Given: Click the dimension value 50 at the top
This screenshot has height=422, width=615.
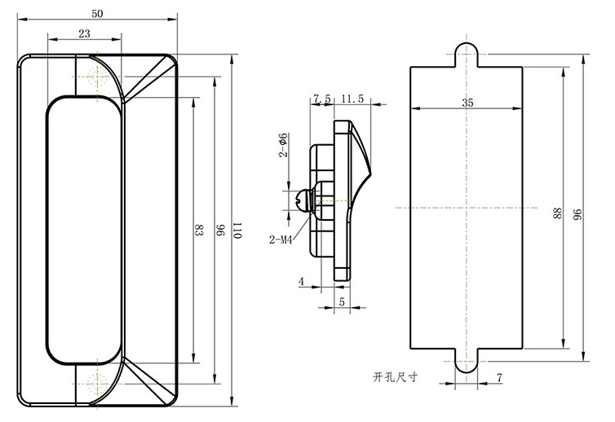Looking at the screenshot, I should [x=98, y=15].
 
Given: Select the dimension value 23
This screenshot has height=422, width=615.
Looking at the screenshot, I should [x=85, y=33].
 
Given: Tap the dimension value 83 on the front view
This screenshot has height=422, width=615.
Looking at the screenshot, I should [x=198, y=231].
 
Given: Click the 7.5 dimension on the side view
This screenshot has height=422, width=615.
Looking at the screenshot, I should [x=321, y=99].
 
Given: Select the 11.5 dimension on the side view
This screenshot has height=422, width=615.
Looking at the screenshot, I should [x=352, y=99].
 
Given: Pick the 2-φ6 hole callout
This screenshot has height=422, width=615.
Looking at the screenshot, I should [x=283, y=144].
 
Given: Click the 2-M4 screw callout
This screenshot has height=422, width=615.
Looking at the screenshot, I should [x=281, y=240].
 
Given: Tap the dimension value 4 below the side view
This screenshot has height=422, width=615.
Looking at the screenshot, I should [x=301, y=282].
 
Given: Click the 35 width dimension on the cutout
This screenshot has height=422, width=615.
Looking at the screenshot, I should [x=467, y=103].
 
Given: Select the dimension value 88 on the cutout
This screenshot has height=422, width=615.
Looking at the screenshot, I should [x=558, y=213].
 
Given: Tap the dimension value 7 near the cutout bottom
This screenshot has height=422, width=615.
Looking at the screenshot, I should [x=498, y=377].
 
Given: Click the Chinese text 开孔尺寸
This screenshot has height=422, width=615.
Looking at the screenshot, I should [x=396, y=377].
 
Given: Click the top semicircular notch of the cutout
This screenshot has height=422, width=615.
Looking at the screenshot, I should [x=466, y=51].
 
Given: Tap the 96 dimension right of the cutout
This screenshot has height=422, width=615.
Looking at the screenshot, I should [x=577, y=213].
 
